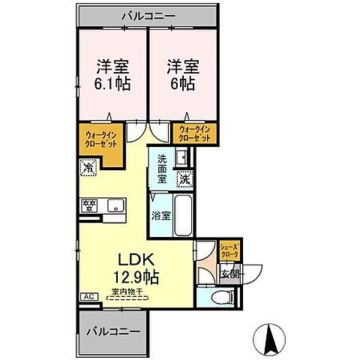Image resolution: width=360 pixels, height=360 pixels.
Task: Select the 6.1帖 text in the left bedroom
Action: point(111,83)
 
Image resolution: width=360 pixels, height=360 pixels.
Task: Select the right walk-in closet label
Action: point(194,135)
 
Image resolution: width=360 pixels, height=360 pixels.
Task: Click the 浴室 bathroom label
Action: point(160,214)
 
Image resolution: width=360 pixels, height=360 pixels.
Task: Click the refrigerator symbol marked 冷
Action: point(89,168)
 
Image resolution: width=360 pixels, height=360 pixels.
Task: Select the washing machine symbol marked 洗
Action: point(184,180)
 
